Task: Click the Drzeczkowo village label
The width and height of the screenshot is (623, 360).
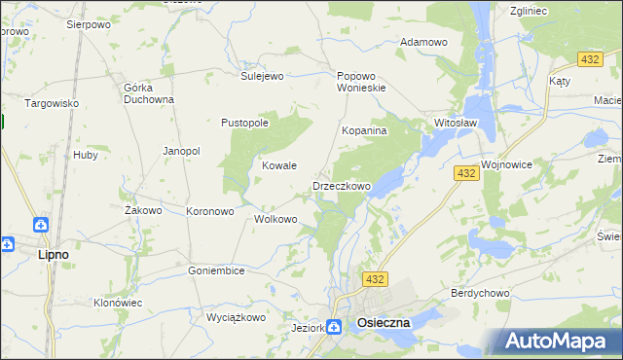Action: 341,186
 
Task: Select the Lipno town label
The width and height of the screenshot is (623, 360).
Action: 53,254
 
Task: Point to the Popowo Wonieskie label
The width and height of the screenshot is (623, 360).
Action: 361,81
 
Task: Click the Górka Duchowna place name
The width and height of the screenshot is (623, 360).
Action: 149,92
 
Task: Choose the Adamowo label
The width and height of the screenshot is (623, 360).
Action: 423,42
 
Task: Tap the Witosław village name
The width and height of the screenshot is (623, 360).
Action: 455,124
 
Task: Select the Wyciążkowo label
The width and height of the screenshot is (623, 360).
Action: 237,317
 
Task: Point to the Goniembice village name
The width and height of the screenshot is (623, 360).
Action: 216,270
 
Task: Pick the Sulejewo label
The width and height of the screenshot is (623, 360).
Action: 262,75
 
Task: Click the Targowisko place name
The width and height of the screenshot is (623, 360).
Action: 52,103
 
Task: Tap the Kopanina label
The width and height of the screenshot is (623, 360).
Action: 365,129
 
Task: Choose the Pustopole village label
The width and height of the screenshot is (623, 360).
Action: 244,123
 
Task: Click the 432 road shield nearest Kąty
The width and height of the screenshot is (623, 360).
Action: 588,60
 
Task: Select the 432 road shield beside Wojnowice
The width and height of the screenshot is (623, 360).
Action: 465,173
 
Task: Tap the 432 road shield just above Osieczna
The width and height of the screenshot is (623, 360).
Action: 377,279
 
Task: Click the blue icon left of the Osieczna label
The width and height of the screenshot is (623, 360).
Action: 334,328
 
